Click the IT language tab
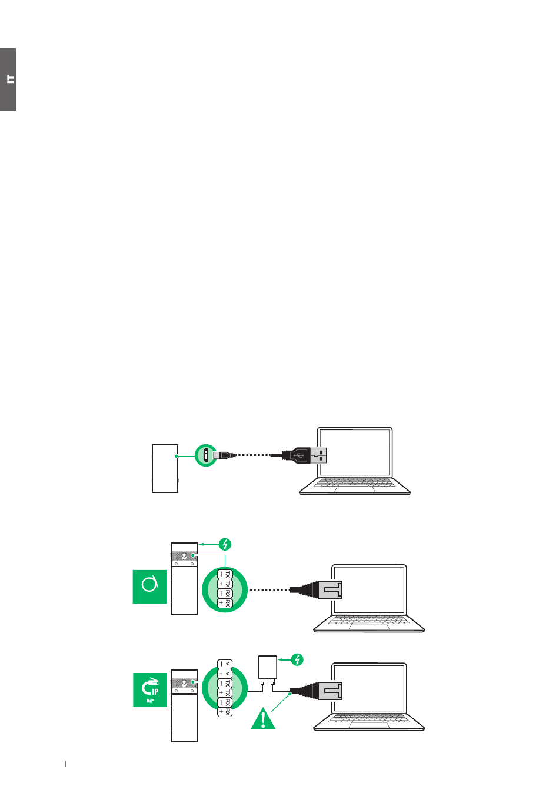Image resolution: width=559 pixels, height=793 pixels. tap(8, 79)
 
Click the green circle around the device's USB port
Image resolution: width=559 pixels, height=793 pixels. tap(206, 455)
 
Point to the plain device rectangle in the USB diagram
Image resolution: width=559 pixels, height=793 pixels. tap(165, 468)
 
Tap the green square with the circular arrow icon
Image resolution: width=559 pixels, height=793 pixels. tap(149, 586)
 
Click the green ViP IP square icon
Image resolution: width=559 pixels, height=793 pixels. tap(150, 689)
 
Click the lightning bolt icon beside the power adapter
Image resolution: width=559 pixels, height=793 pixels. tap(298, 659)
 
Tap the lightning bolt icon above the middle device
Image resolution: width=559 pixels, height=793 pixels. tap(224, 544)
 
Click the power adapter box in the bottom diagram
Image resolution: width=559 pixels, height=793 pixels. tap(267, 667)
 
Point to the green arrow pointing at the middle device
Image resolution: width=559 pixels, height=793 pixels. tap(208, 544)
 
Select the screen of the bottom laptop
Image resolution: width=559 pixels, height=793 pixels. tap(369, 689)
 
